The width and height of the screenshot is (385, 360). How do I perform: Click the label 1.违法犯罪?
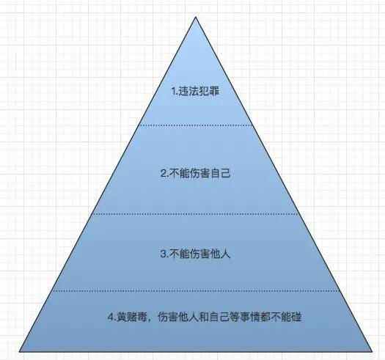(x=195, y=92)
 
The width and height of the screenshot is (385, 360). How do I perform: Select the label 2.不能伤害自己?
(x=196, y=173)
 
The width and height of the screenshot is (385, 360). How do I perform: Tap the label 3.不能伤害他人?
(x=196, y=254)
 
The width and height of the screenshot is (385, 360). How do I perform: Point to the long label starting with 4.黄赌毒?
(x=205, y=317)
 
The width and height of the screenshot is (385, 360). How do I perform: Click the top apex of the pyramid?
(x=196, y=17)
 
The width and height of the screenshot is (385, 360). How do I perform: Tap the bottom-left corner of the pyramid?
(x=20, y=352)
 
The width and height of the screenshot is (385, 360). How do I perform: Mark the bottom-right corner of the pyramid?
(x=372, y=352)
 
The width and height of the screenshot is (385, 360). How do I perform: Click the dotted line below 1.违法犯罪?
(x=196, y=125)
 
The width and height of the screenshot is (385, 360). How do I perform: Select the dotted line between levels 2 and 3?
(x=196, y=214)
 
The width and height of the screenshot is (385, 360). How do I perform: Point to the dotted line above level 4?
(x=196, y=291)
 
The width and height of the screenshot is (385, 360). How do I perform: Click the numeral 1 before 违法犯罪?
(x=174, y=92)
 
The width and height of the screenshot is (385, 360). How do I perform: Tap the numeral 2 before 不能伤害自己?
(x=164, y=174)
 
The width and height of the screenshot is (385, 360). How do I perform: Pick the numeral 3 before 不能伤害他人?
(x=164, y=254)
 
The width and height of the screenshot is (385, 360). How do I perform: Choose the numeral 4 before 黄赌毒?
(x=111, y=317)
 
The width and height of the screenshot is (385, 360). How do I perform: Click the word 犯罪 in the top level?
(x=209, y=92)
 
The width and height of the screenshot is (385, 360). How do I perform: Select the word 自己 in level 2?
(x=221, y=173)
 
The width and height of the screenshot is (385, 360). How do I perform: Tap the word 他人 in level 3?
(x=221, y=254)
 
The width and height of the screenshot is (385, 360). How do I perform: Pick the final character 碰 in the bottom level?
(x=296, y=317)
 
